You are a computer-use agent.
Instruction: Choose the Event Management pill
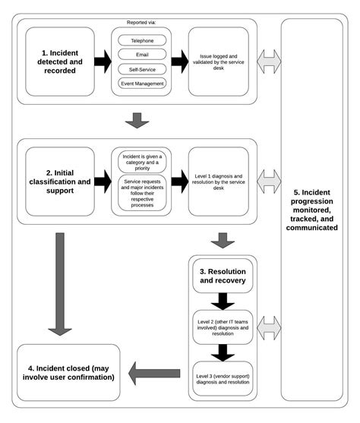(x=142, y=83)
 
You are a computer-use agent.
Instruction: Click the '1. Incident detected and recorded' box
(x=60, y=61)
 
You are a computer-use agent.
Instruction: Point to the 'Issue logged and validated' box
(x=218, y=61)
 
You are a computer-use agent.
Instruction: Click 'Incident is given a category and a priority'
(x=142, y=161)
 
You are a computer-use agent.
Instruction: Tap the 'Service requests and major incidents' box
(x=142, y=192)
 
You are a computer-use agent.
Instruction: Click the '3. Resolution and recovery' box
(x=223, y=276)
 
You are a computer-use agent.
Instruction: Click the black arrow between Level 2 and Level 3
(x=223, y=352)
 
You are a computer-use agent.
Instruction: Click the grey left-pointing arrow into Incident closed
(x=154, y=372)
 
